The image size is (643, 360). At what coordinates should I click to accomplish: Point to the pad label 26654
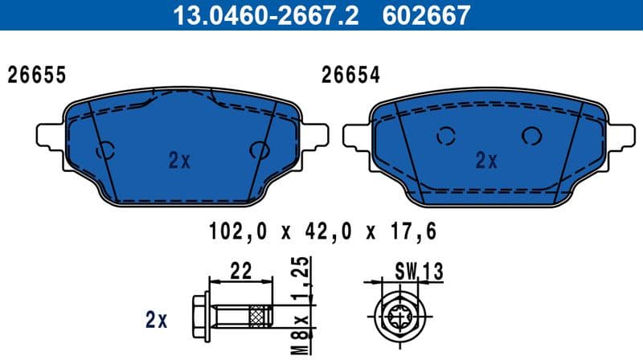[x=350, y=76]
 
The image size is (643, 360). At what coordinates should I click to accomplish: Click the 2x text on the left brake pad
[x=179, y=161]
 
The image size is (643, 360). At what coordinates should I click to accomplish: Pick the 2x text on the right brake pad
[x=486, y=161]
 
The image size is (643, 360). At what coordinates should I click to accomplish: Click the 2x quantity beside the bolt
[x=156, y=321]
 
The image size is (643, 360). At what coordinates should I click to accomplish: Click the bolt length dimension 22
[x=240, y=272]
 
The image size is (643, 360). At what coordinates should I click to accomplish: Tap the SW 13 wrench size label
[x=419, y=272]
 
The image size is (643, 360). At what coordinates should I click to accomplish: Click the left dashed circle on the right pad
[x=445, y=137]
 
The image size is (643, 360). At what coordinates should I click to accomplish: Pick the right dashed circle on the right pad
[x=531, y=137]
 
